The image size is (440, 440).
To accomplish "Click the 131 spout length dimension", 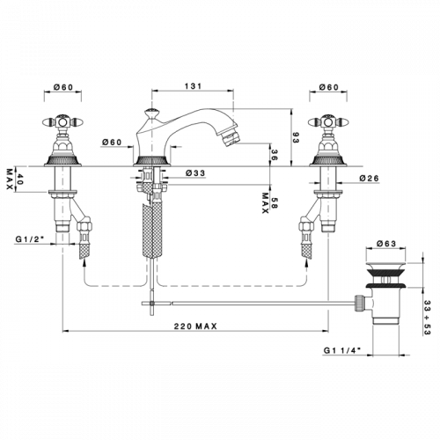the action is pyautogui.click(x=194, y=86).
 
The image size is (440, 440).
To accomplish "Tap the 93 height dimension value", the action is pyautogui.click(x=295, y=137).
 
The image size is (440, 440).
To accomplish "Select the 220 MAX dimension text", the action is pyautogui.click(x=195, y=326).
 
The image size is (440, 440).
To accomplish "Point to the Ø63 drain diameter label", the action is pyautogui.click(x=386, y=244).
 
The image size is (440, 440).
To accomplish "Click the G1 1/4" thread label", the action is pyautogui.click(x=342, y=350).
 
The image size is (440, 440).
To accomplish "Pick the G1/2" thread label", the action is pyautogui.click(x=30, y=239).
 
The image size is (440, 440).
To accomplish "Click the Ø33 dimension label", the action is pyautogui.click(x=195, y=173).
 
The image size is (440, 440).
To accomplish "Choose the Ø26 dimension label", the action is pyautogui.click(x=369, y=178).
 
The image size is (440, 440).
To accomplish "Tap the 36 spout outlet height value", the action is pyautogui.click(x=274, y=155).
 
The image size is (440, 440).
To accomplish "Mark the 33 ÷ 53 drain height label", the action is pyautogui.click(x=427, y=318).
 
